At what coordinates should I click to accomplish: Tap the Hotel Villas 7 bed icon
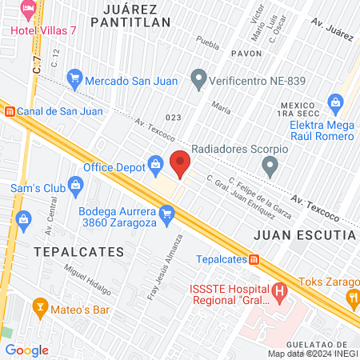[29, 12]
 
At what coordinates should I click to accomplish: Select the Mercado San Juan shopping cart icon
[75, 78]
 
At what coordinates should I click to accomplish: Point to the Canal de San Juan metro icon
[9, 111]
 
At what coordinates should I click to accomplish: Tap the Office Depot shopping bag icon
[154, 166]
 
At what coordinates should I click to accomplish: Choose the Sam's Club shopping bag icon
[75, 186]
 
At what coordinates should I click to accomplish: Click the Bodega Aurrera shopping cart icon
[166, 213]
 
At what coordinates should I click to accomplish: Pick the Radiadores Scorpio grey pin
[270, 167]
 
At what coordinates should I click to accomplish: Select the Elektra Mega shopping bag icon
[335, 102]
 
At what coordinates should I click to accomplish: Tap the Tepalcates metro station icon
[253, 259]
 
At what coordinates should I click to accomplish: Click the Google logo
[26, 350]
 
